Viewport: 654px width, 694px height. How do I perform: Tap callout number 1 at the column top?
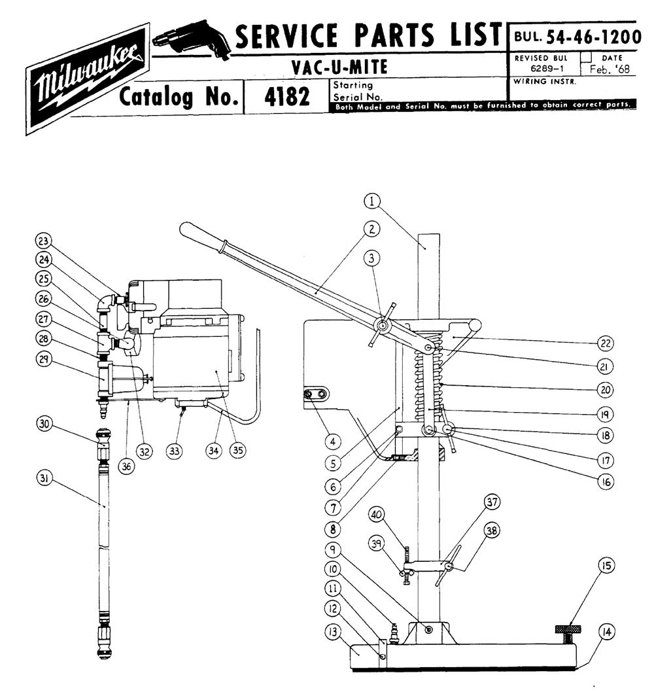[x=373, y=201]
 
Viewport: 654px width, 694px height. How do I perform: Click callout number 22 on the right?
[x=606, y=343]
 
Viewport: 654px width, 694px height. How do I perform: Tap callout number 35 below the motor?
[x=237, y=451]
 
